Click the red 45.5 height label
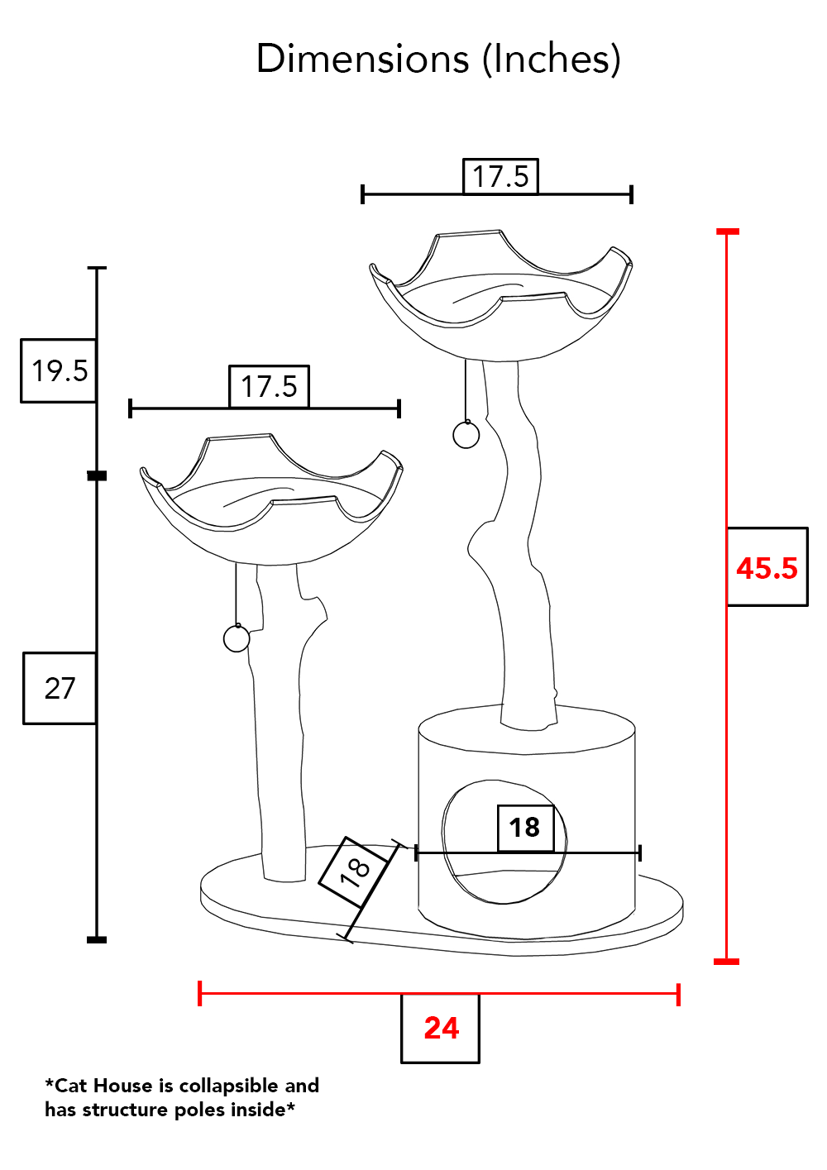point(767,568)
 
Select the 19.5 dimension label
point(60,371)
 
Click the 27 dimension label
point(60,688)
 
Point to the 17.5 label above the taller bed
point(500,176)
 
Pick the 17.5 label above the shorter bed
point(269,386)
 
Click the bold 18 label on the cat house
point(524,827)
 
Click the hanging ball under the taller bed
point(466,435)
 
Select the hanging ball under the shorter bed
point(237,638)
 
